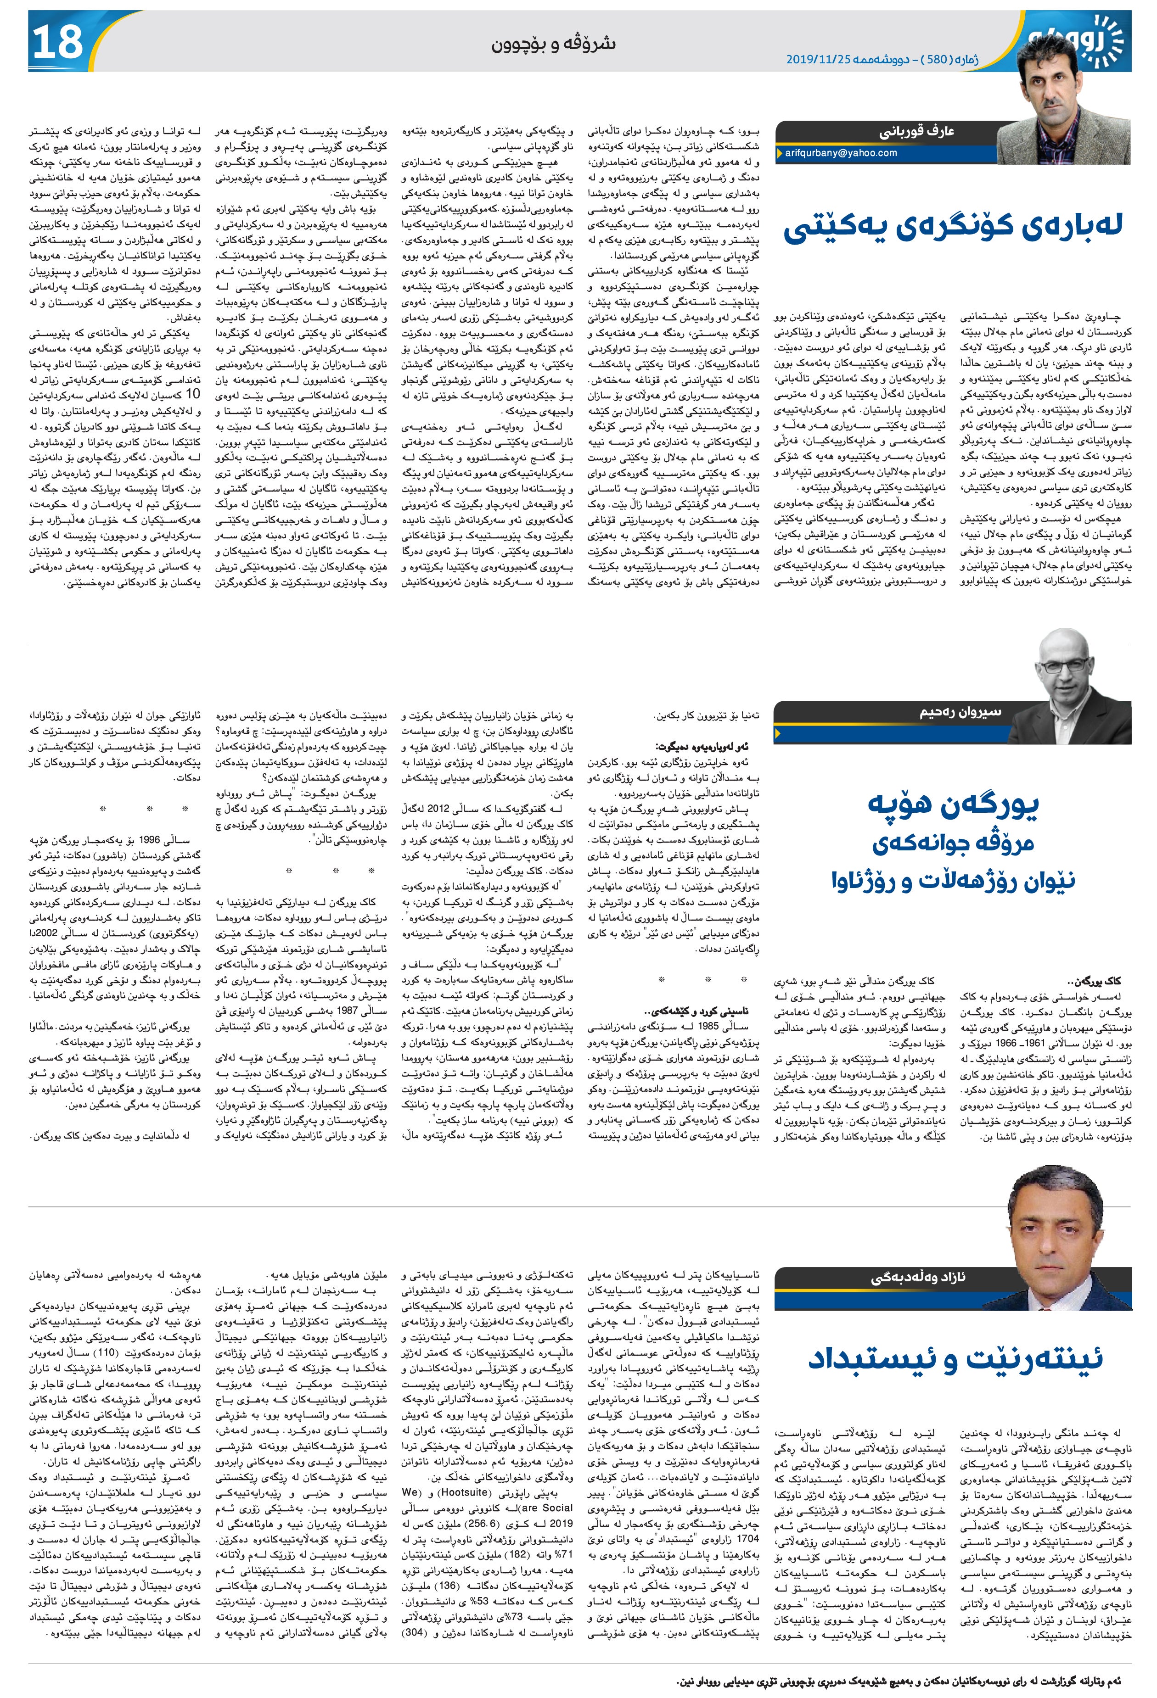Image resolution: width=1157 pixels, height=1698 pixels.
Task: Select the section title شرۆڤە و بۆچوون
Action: click(x=556, y=44)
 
